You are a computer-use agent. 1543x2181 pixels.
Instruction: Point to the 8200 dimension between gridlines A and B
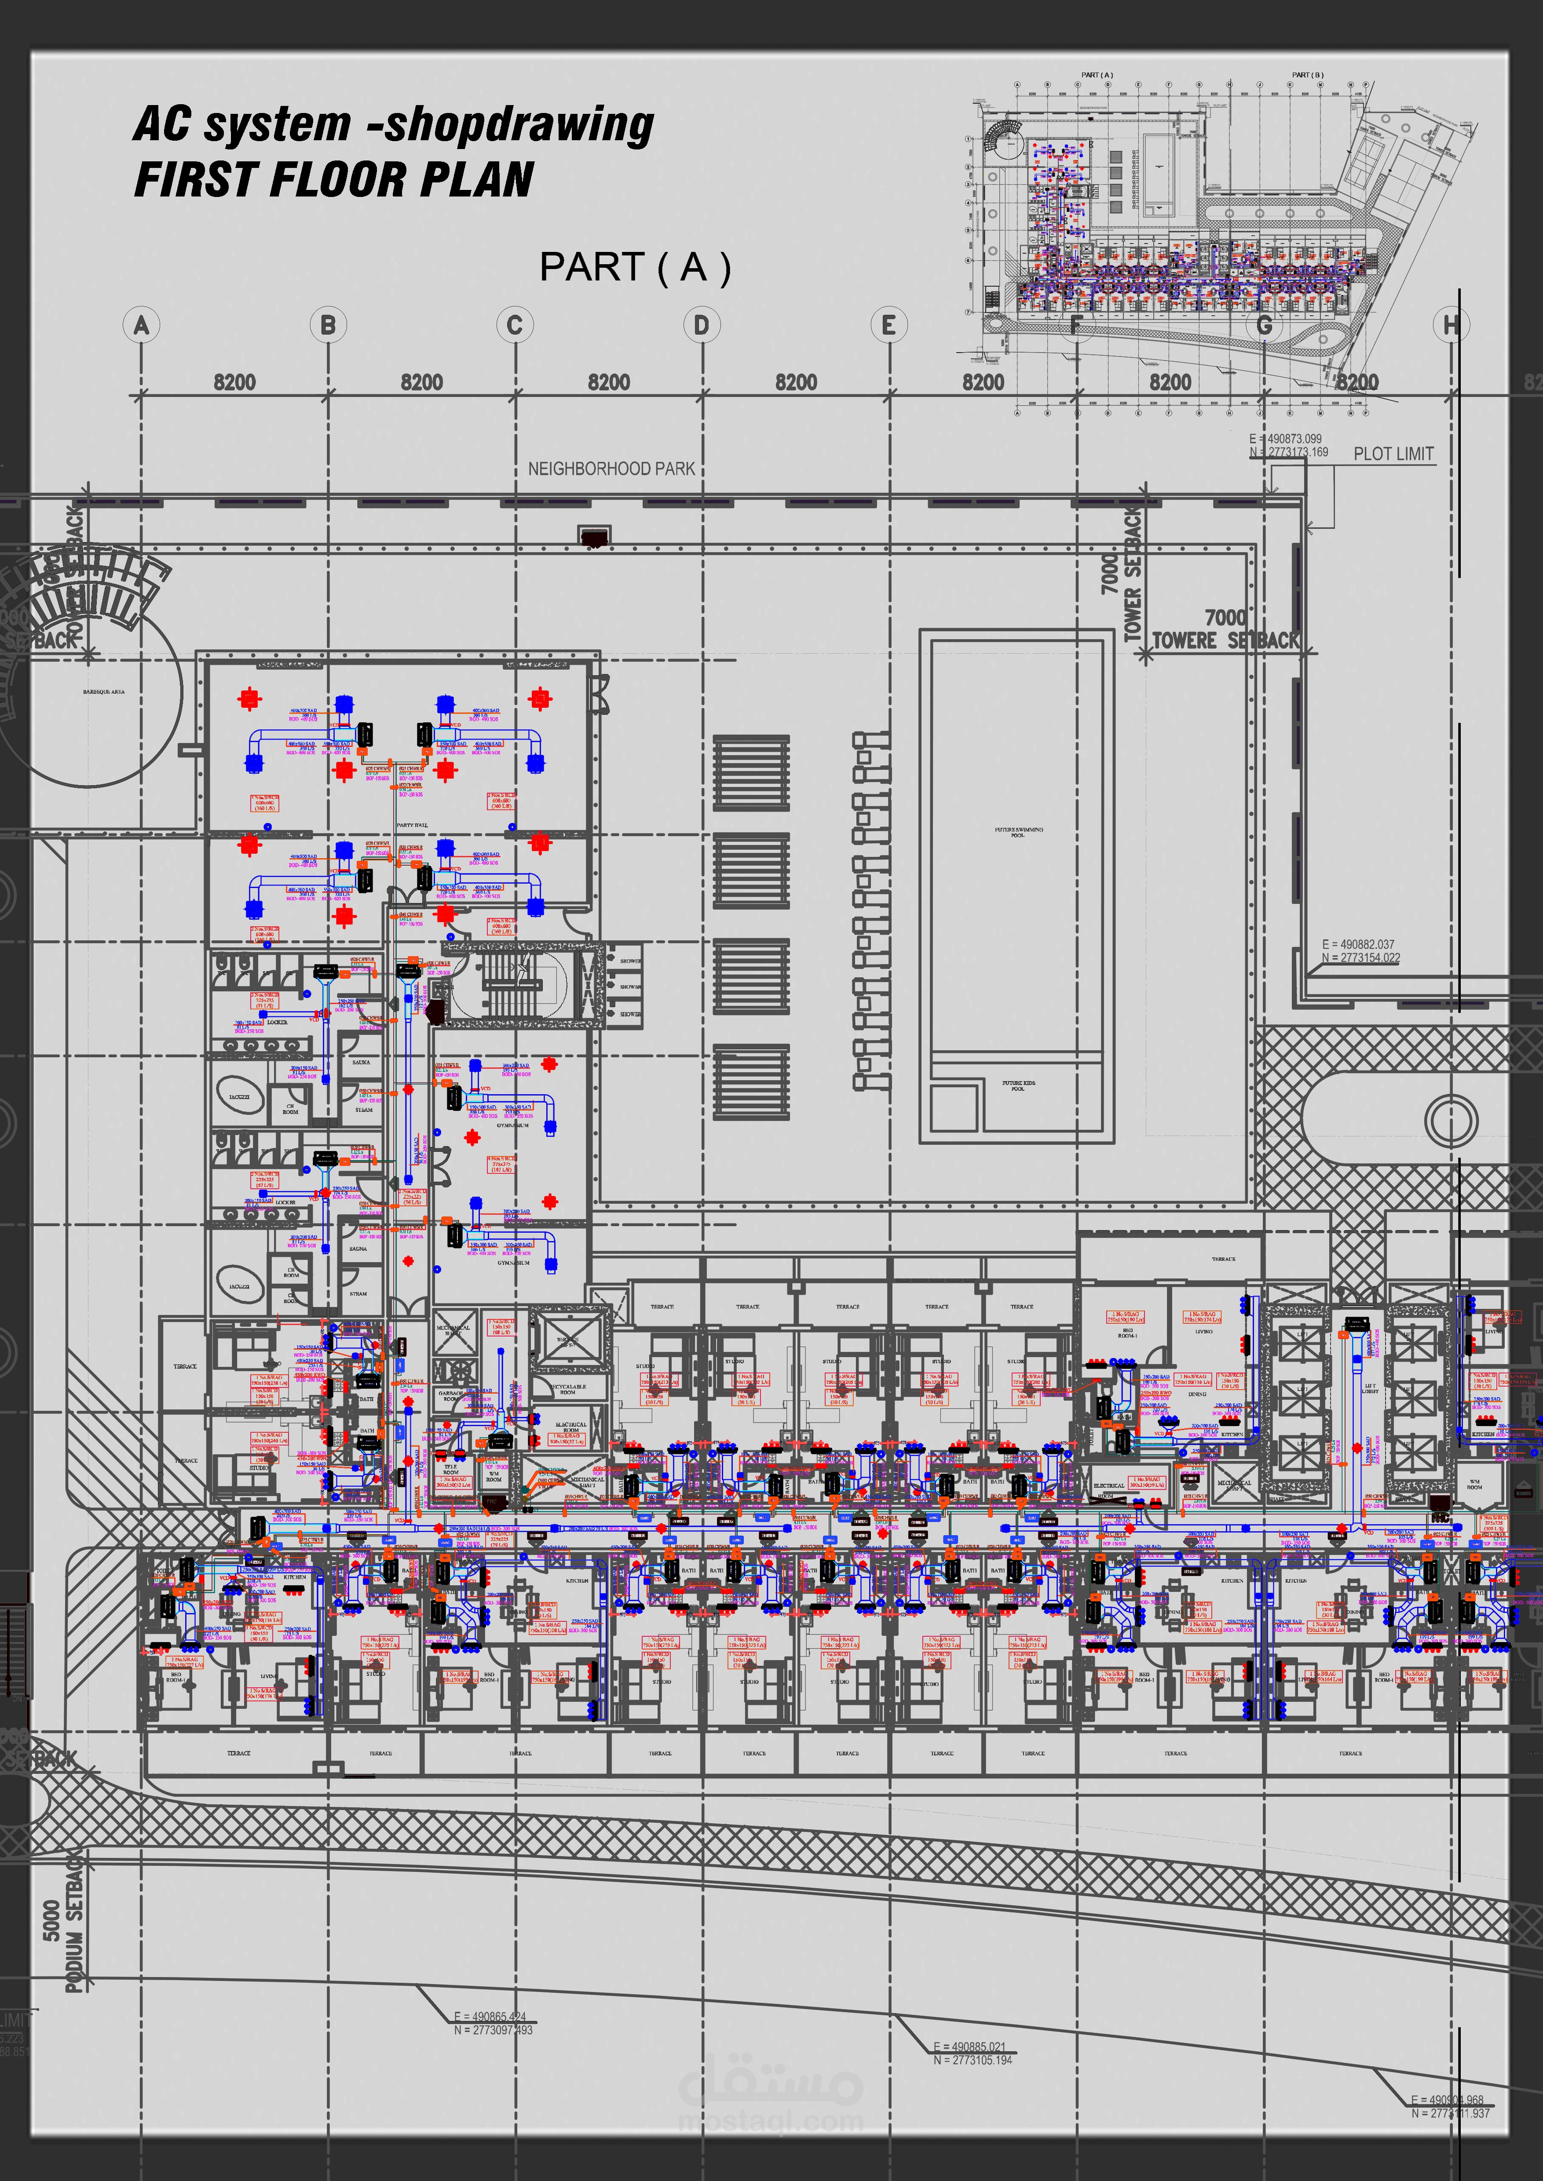click(x=235, y=382)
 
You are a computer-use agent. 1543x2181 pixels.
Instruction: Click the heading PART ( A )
click(x=635, y=268)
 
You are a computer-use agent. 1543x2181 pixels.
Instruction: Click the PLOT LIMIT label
click(x=1393, y=454)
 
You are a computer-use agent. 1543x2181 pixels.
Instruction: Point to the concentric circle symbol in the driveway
click(x=1451, y=1118)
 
